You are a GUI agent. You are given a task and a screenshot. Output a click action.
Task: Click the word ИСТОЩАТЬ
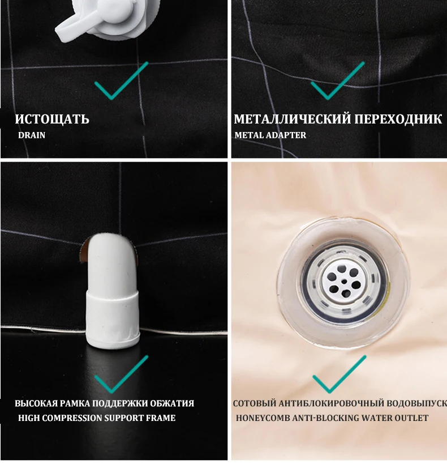click(52, 119)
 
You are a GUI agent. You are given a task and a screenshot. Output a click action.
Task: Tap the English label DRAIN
click(32, 135)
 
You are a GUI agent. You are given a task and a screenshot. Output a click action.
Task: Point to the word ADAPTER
click(286, 135)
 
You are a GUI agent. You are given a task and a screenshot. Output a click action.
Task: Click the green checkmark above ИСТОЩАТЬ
click(121, 80)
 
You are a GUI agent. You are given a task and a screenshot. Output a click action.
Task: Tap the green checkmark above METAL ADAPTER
click(338, 80)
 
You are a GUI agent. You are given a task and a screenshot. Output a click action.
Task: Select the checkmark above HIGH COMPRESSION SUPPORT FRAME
click(121, 374)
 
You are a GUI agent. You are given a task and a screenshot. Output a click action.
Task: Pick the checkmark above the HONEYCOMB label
click(339, 374)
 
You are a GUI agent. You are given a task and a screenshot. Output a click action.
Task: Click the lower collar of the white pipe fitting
click(113, 319)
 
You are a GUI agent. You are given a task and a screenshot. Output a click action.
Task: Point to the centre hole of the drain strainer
click(344, 281)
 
